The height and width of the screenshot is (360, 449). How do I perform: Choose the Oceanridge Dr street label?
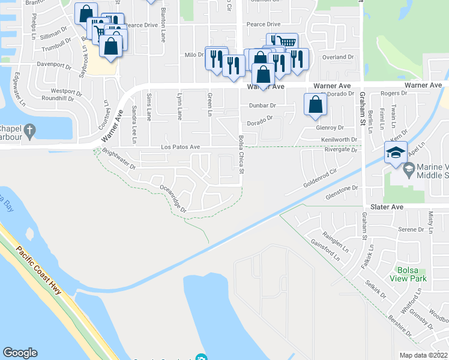click(x=175, y=198)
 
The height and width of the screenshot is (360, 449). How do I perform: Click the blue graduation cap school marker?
click(x=396, y=154)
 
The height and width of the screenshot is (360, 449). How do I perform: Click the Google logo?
click(x=20, y=353)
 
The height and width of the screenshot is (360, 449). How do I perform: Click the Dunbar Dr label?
click(x=262, y=105)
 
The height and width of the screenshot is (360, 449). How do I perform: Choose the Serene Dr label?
click(x=411, y=229)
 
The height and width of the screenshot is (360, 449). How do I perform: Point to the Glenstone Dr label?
click(x=341, y=188)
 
